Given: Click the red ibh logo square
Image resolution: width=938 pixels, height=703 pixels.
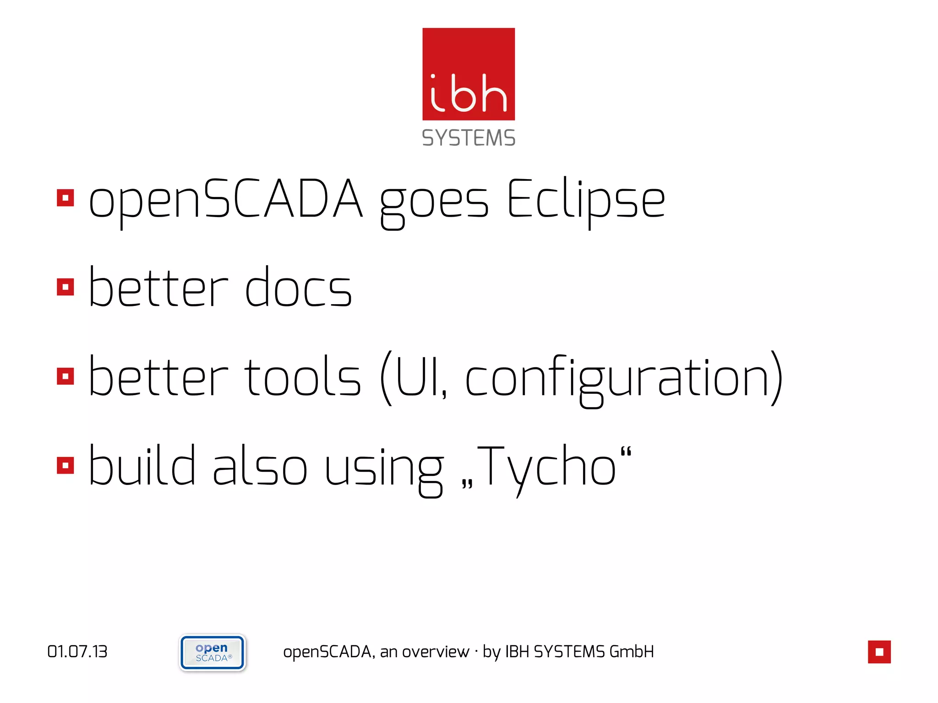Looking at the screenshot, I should (469, 74).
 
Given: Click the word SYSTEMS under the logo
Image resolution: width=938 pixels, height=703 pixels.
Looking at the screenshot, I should (469, 138).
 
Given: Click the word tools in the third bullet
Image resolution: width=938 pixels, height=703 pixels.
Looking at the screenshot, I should (303, 377).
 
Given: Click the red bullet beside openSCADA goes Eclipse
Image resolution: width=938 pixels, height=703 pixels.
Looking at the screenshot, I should (65, 198).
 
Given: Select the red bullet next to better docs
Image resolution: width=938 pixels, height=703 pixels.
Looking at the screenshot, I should (65, 287).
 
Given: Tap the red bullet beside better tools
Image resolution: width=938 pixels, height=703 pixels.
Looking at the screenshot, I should (65, 376).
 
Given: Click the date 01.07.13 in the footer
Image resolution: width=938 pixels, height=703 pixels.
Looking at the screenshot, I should (77, 652).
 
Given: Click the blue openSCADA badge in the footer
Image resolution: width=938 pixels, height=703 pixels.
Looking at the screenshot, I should (213, 653).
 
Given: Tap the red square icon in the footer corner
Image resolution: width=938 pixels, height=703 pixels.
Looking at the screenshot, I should (879, 652).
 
